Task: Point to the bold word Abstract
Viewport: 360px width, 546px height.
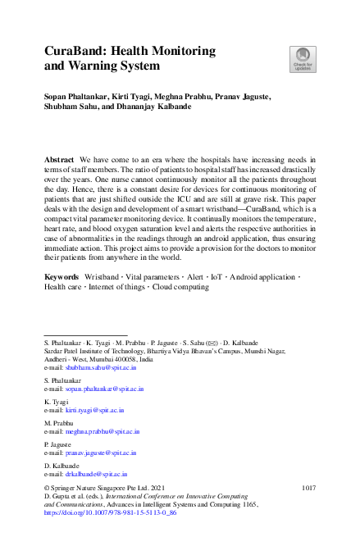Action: click(60, 157)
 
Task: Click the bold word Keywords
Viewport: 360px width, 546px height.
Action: click(63, 278)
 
